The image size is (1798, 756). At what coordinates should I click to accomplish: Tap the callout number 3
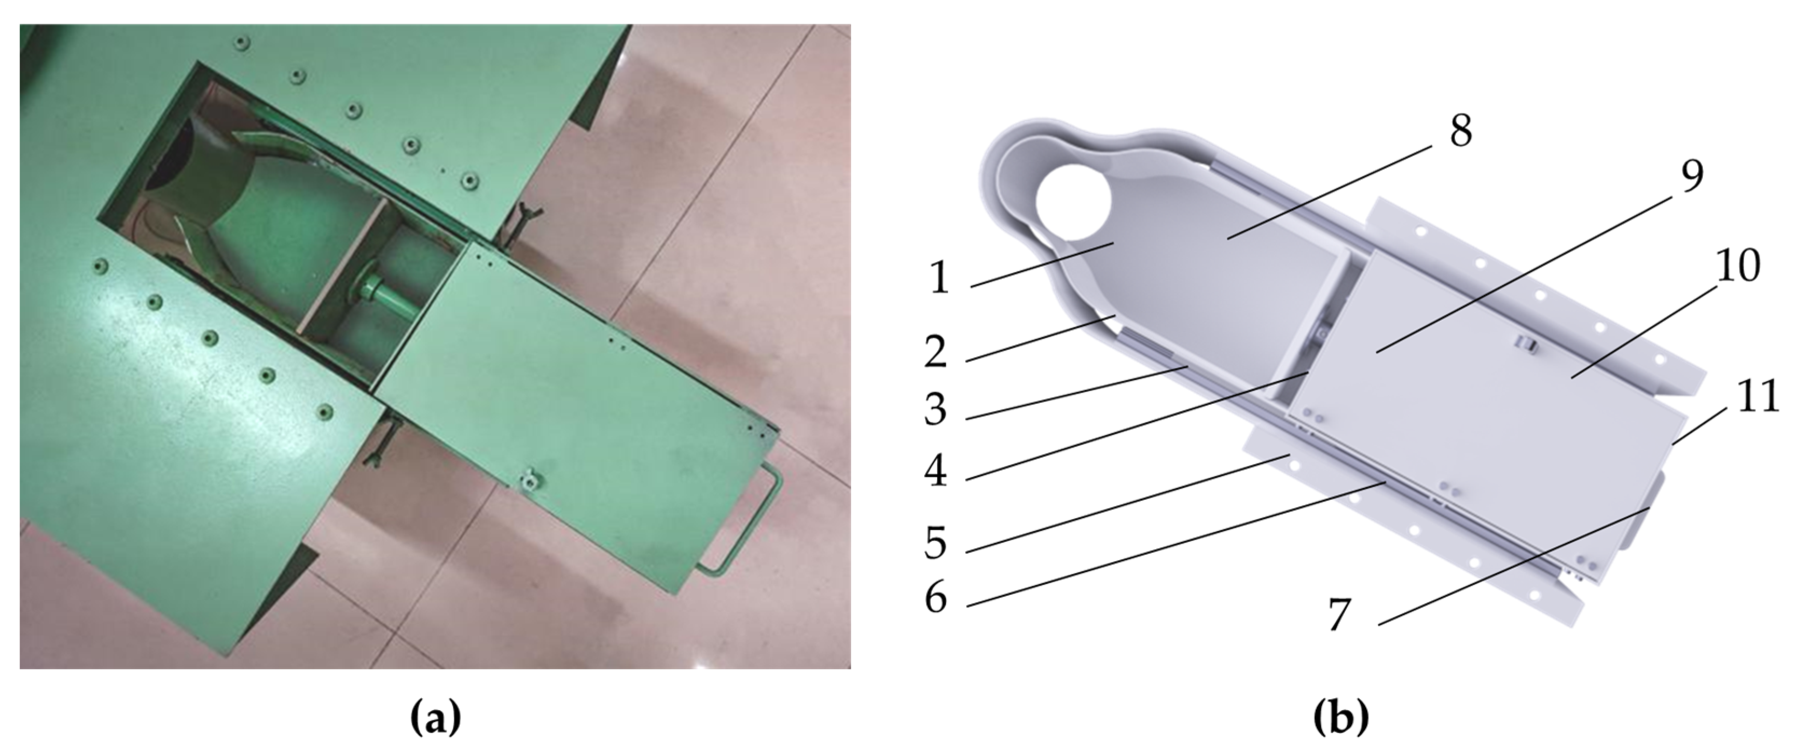click(936, 410)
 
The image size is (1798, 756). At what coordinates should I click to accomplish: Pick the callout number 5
click(936, 542)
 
